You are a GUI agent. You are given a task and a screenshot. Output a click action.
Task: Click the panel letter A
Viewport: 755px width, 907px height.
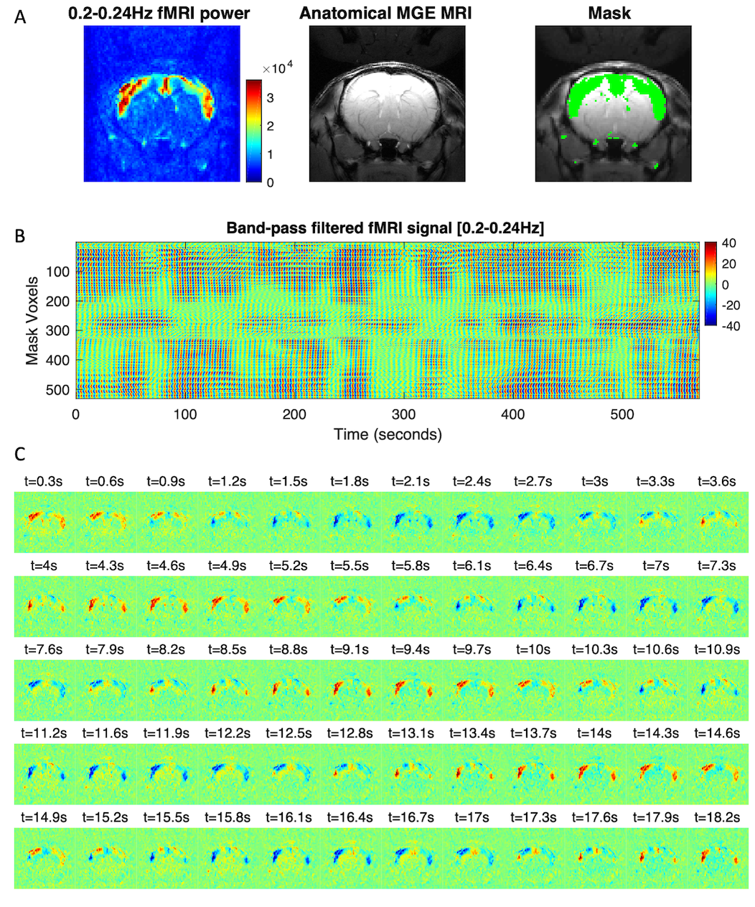pos(20,16)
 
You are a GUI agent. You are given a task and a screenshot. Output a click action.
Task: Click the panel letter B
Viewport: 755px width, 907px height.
pos(20,235)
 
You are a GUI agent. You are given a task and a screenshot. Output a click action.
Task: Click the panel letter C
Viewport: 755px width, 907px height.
pos(20,454)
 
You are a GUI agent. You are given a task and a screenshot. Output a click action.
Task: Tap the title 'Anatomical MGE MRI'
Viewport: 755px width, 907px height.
pos(386,13)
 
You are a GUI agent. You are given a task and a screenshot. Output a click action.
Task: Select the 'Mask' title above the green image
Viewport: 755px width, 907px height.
pos(609,13)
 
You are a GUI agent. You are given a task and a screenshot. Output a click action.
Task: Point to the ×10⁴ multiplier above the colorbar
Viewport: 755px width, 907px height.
pos(278,69)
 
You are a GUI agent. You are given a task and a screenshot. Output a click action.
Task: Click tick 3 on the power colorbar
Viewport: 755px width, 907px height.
pos(270,98)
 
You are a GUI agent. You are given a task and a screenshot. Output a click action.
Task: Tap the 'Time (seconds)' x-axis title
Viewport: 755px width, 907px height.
pos(388,434)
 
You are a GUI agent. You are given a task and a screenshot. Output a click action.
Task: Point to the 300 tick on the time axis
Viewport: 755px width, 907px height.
pos(403,415)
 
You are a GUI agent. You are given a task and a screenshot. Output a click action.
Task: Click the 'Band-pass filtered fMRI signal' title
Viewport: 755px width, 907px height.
pos(385,228)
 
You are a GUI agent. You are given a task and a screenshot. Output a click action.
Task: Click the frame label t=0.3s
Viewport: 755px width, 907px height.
pos(44,481)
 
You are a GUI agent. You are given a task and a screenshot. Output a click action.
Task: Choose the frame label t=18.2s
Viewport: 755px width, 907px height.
pos(717,817)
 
